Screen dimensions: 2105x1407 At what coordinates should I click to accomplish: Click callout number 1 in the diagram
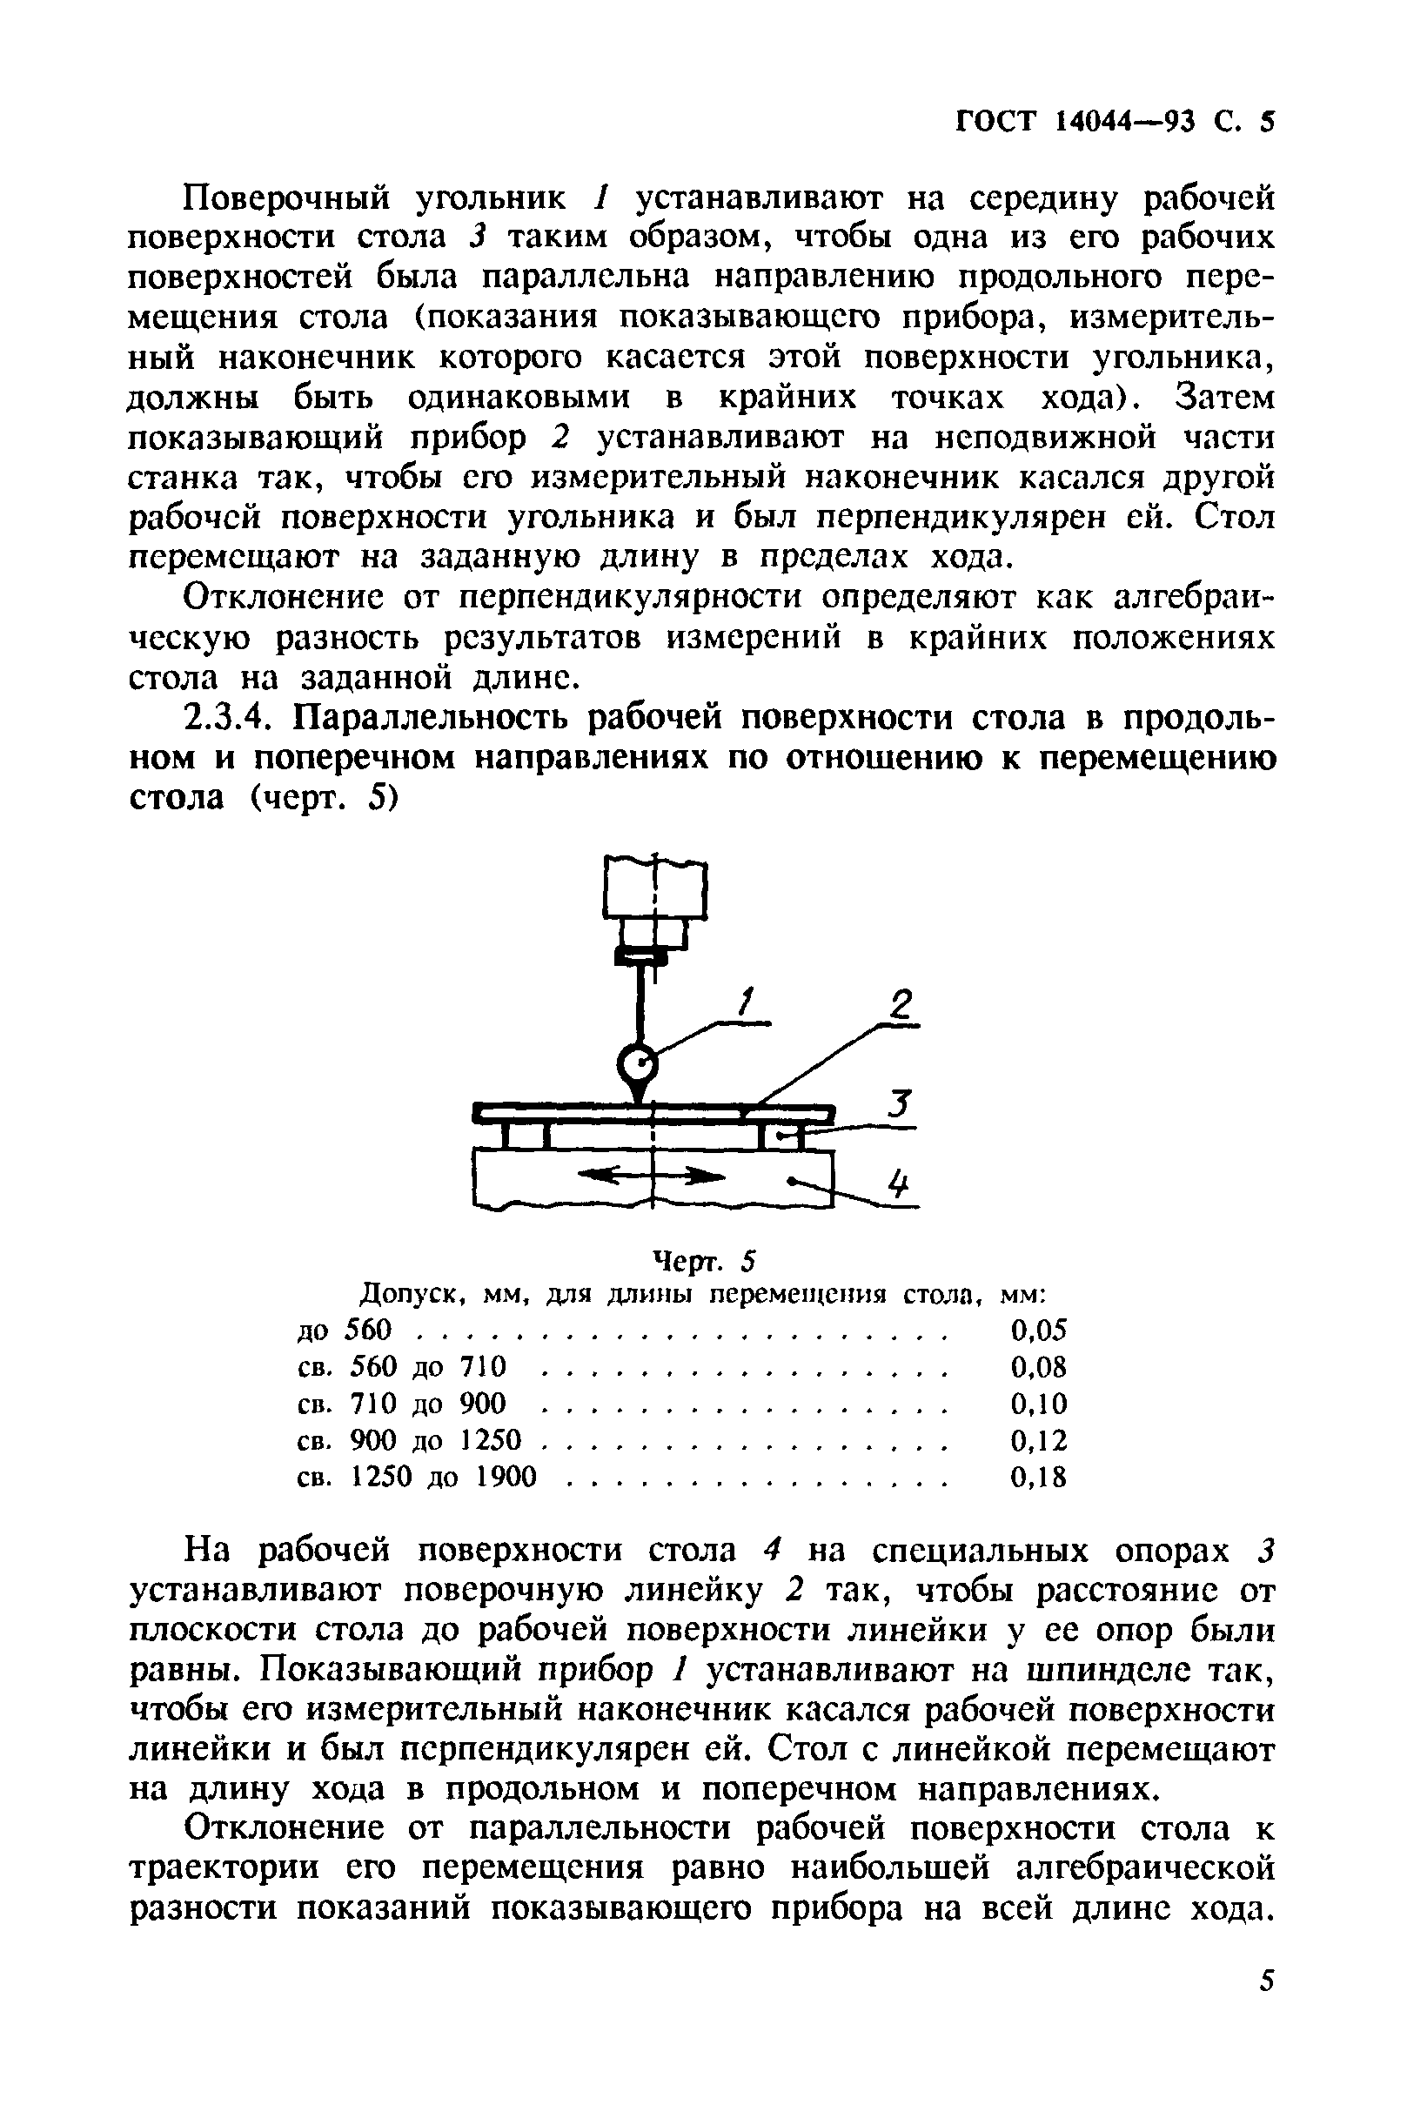[747, 1002]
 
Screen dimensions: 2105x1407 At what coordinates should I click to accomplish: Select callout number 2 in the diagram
[899, 1003]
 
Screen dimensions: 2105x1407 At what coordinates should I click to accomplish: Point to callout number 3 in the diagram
[900, 1103]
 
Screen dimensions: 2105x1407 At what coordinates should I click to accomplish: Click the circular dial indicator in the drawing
[638, 1066]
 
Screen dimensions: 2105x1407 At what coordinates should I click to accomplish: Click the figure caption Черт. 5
[702, 1262]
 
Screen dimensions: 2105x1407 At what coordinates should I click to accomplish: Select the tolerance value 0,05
[1038, 1330]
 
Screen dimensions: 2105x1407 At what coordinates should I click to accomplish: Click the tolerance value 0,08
[1038, 1366]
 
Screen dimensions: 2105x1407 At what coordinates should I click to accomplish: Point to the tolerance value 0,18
[1038, 1477]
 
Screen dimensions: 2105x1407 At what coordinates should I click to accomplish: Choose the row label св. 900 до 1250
[408, 1440]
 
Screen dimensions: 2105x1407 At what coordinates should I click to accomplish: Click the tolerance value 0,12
[1038, 1440]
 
